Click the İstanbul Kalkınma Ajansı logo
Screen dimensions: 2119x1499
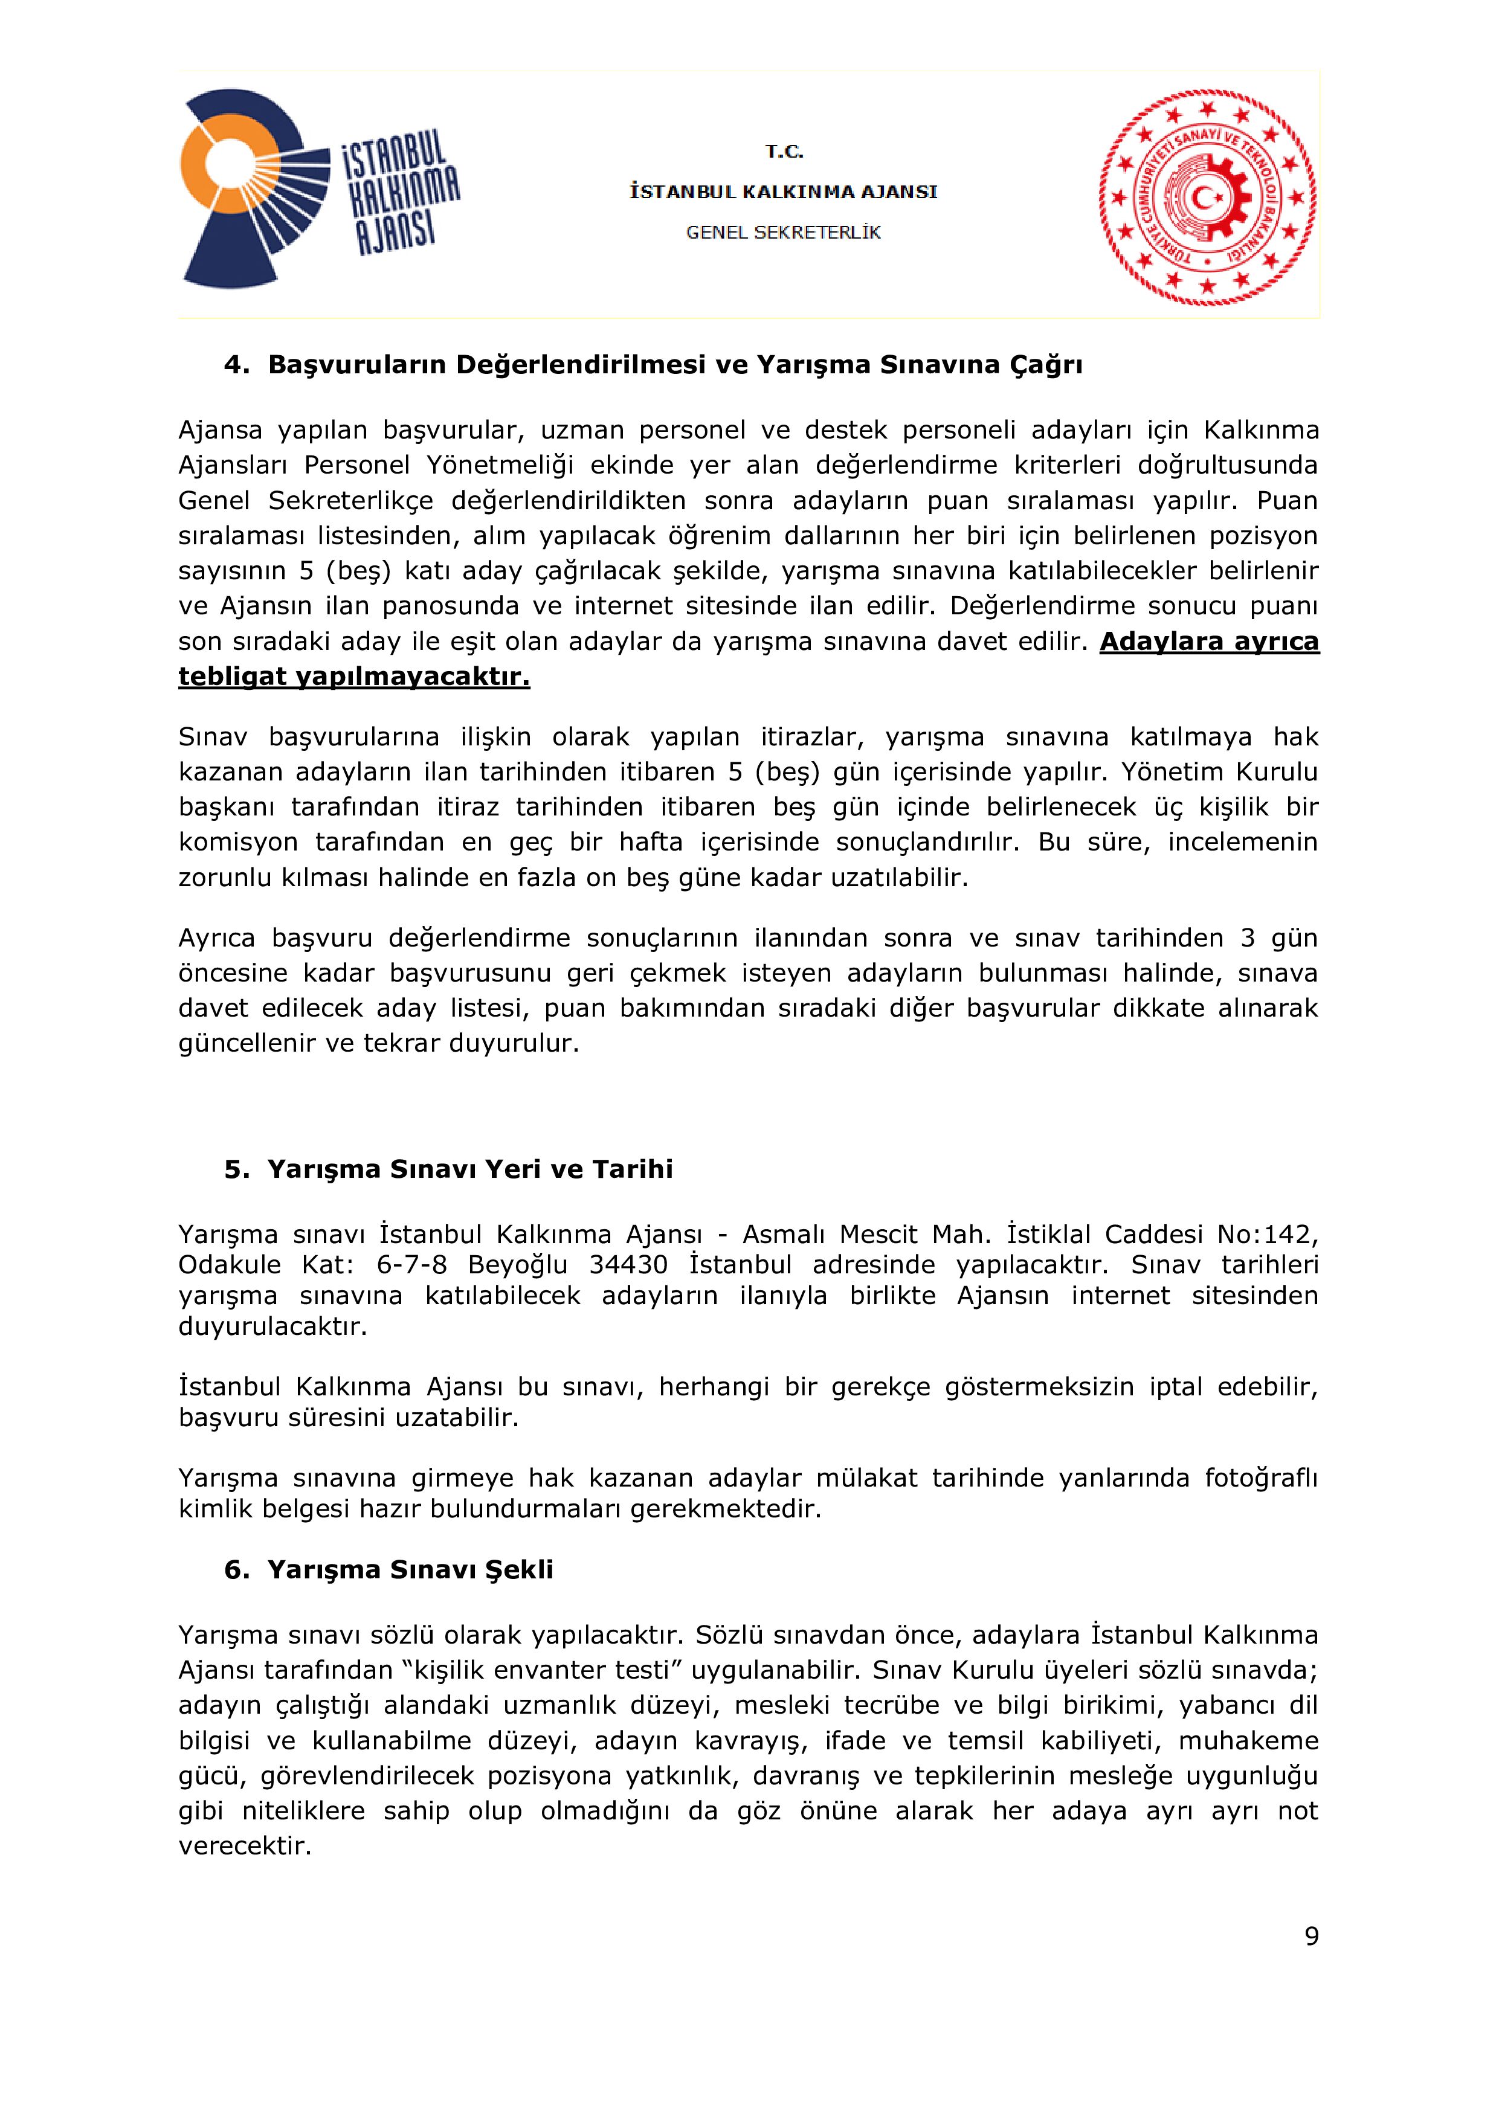point(318,189)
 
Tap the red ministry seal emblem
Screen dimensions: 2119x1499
point(1207,198)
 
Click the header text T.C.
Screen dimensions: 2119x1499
point(784,152)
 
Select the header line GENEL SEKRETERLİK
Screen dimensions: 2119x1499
point(784,233)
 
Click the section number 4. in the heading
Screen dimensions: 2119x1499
point(236,365)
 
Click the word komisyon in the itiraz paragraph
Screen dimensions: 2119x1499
point(238,841)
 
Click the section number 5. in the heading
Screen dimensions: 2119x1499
point(236,1169)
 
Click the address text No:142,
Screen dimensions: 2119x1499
point(1268,1235)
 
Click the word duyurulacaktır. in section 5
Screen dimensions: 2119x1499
point(273,1327)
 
